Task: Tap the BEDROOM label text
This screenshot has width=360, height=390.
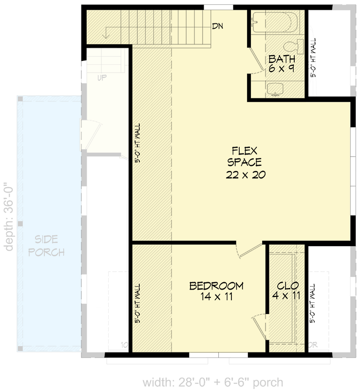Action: pyautogui.click(x=216, y=286)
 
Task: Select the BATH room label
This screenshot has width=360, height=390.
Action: pyautogui.click(x=281, y=59)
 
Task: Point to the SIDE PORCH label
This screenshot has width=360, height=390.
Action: pyautogui.click(x=46, y=246)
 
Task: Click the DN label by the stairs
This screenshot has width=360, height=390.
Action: pyautogui.click(x=217, y=26)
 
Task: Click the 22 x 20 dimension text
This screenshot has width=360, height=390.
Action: pyautogui.click(x=245, y=175)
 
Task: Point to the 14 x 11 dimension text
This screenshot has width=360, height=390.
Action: pyautogui.click(x=216, y=296)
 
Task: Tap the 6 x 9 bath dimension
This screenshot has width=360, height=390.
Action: pyautogui.click(x=281, y=69)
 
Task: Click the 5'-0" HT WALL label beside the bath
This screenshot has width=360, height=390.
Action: pyautogui.click(x=313, y=58)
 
